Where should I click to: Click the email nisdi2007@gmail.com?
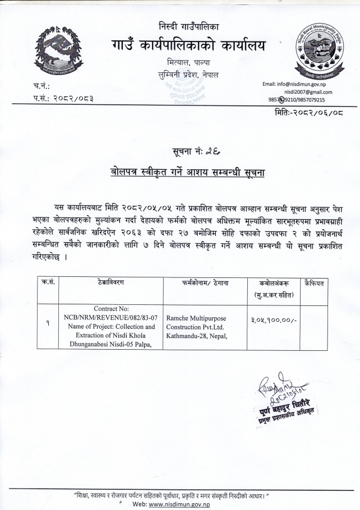point(308,92)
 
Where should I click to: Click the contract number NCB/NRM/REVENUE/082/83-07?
point(109,317)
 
